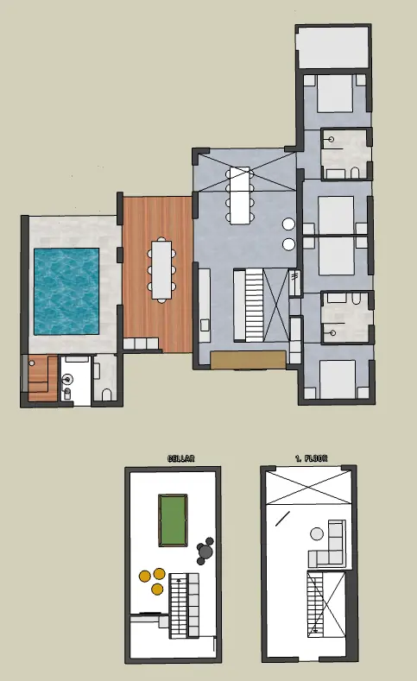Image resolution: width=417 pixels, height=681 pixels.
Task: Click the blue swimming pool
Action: [66, 292]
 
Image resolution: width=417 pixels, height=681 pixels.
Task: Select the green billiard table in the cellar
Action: [174, 520]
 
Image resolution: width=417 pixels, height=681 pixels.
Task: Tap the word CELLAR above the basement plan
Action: [181, 458]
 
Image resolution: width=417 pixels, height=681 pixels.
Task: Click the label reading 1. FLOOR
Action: [311, 458]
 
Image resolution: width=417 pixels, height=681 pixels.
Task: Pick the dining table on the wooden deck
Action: [161, 269]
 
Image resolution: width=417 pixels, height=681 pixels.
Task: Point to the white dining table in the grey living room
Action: [240, 195]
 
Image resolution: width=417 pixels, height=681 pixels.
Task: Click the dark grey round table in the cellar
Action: [205, 552]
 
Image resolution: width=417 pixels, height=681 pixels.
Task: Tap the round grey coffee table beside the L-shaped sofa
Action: [317, 533]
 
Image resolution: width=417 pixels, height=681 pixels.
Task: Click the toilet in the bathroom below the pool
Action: [107, 394]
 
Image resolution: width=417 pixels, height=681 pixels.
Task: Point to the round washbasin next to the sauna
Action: [67, 380]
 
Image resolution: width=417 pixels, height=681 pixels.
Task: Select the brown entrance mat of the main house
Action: [248, 360]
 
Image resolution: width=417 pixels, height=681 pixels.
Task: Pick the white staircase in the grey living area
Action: [255, 305]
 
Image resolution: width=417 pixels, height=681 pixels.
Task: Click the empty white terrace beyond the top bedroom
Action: [332, 47]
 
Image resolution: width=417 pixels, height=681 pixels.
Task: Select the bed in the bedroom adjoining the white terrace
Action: [334, 94]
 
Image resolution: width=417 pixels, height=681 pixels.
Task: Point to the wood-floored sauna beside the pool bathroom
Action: [42, 378]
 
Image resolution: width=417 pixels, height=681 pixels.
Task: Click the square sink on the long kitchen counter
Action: [204, 325]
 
